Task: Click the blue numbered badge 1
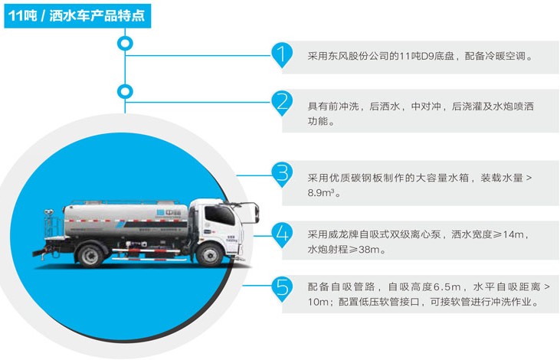(x=283, y=54)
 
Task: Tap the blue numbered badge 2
(x=283, y=103)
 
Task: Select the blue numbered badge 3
(x=283, y=173)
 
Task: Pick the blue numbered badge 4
(x=283, y=233)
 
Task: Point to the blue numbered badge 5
(x=283, y=288)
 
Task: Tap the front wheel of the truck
(x=208, y=254)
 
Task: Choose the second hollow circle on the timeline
(x=122, y=92)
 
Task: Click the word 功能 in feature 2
(x=320, y=121)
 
